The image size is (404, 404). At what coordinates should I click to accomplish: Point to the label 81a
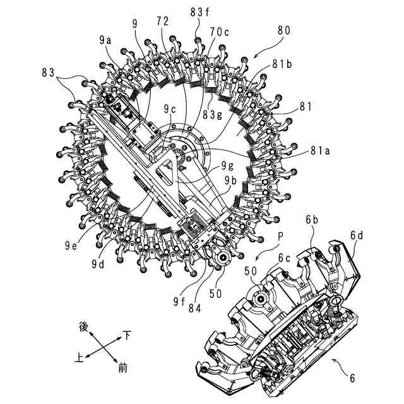point(322,151)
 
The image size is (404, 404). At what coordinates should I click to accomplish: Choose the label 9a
point(105,39)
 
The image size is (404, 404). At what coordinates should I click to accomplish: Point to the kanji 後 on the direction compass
point(82,326)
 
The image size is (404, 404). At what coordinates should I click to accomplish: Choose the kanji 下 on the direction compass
point(127,336)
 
